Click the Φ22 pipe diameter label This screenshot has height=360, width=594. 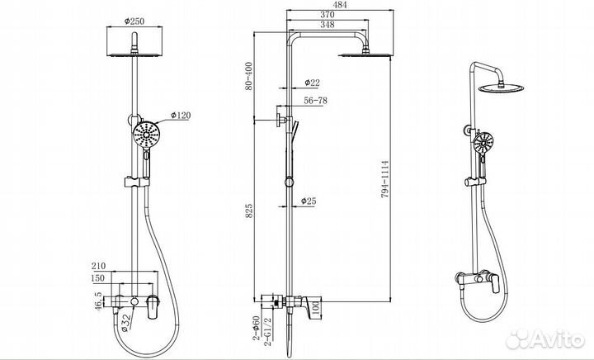(x=310, y=83)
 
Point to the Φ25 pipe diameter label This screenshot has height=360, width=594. (x=309, y=201)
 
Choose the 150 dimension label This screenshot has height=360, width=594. (x=97, y=278)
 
